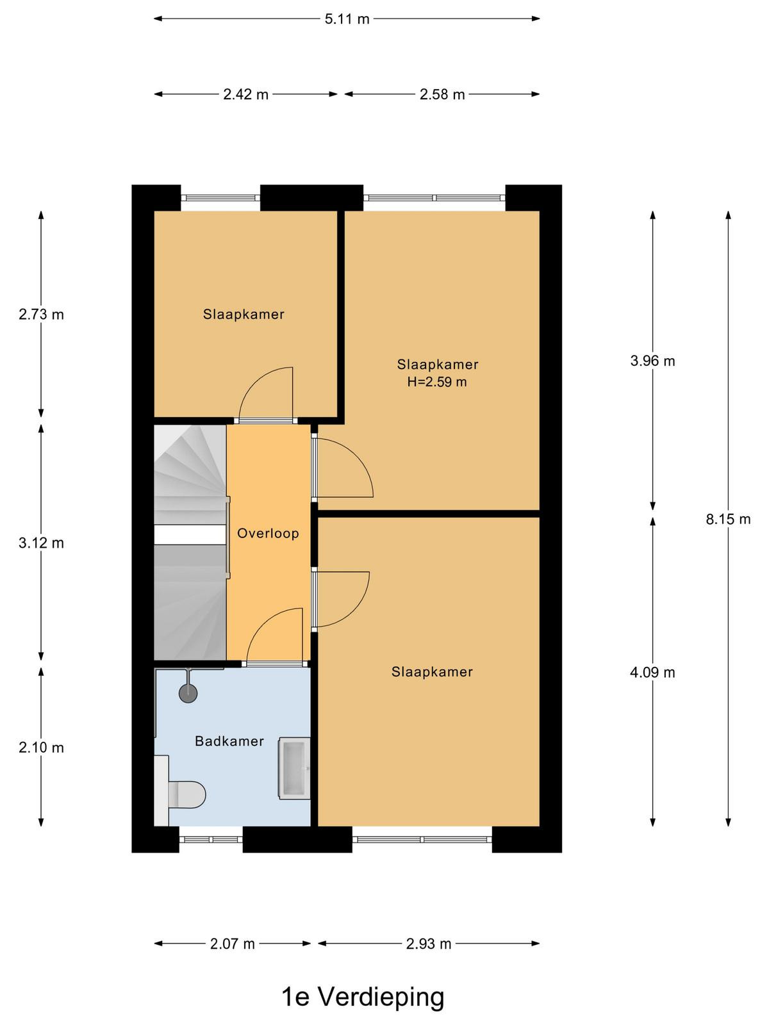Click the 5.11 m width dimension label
click(x=347, y=19)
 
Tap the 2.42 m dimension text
click(x=245, y=94)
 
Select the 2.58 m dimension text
click(x=442, y=94)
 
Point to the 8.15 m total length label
click(x=728, y=519)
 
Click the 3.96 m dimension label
click(x=652, y=361)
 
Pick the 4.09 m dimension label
click(x=652, y=673)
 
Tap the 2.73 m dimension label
click(x=41, y=315)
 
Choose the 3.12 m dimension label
click(x=41, y=543)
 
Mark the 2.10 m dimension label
click(x=41, y=748)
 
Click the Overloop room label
click(x=268, y=533)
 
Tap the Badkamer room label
click(x=229, y=741)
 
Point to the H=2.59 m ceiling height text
click(x=437, y=382)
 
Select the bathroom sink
click(x=294, y=768)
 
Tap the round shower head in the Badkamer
click(x=188, y=693)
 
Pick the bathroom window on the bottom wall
click(x=211, y=839)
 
